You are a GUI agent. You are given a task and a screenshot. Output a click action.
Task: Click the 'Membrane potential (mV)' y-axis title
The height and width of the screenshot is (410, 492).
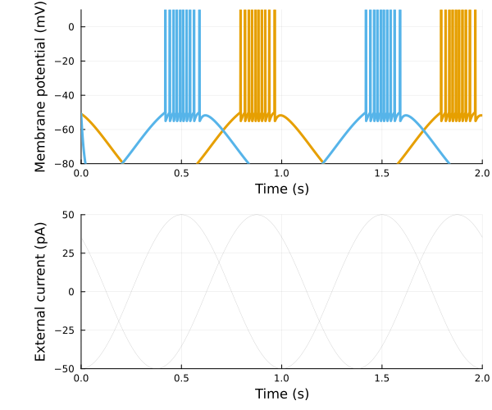(x=39, y=87)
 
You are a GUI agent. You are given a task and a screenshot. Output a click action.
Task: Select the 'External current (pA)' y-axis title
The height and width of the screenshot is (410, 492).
(x=39, y=291)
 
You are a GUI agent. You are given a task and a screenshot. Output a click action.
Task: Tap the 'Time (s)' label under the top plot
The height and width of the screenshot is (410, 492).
(x=281, y=189)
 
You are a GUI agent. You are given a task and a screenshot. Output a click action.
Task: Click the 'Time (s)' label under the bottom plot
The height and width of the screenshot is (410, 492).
(x=281, y=394)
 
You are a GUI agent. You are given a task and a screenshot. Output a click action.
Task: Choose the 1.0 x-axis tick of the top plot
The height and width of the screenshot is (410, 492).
(x=281, y=174)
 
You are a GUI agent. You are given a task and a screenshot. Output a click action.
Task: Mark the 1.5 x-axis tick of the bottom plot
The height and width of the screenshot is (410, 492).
(x=381, y=379)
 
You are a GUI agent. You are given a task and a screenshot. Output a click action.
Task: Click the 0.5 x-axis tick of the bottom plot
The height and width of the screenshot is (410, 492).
(x=181, y=379)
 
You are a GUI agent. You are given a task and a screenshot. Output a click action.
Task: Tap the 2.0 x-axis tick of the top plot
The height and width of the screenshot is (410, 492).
(x=481, y=174)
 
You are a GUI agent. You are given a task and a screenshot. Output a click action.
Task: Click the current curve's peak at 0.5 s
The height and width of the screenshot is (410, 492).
(x=181, y=215)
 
